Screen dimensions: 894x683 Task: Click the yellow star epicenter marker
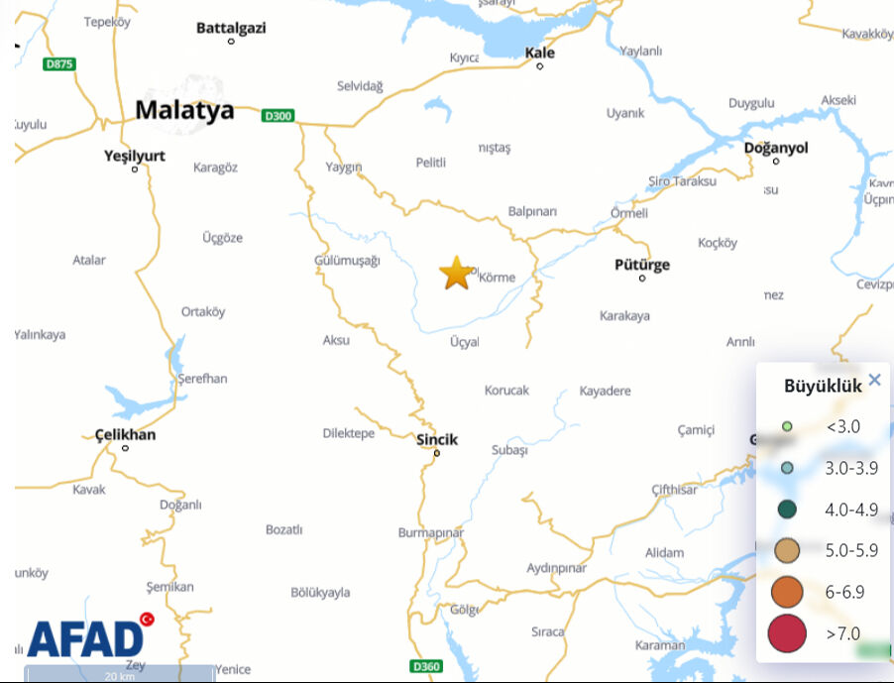(x=456, y=273)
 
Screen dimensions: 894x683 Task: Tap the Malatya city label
(x=184, y=110)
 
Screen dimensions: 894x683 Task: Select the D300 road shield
(x=279, y=116)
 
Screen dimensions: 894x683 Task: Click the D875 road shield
(x=59, y=63)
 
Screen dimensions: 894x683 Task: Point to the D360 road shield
(x=425, y=666)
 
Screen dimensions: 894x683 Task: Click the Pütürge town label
(x=642, y=265)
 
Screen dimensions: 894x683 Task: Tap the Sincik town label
(x=437, y=439)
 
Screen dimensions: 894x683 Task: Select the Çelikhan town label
(x=125, y=434)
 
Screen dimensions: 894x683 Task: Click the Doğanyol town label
(x=776, y=148)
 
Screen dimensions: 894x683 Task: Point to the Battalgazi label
(x=231, y=28)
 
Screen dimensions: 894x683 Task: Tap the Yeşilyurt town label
(x=135, y=156)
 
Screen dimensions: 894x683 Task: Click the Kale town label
(x=540, y=53)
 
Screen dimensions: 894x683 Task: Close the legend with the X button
(x=874, y=380)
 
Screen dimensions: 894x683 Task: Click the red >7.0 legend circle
(x=787, y=633)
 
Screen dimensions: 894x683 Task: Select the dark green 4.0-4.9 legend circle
(x=787, y=510)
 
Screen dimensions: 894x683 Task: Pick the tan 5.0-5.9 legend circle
(x=787, y=550)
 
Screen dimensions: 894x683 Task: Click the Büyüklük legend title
(x=823, y=387)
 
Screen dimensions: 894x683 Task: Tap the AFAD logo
(x=85, y=638)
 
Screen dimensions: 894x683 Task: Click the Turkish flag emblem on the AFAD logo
(x=148, y=620)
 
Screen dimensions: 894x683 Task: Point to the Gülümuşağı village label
(x=347, y=260)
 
